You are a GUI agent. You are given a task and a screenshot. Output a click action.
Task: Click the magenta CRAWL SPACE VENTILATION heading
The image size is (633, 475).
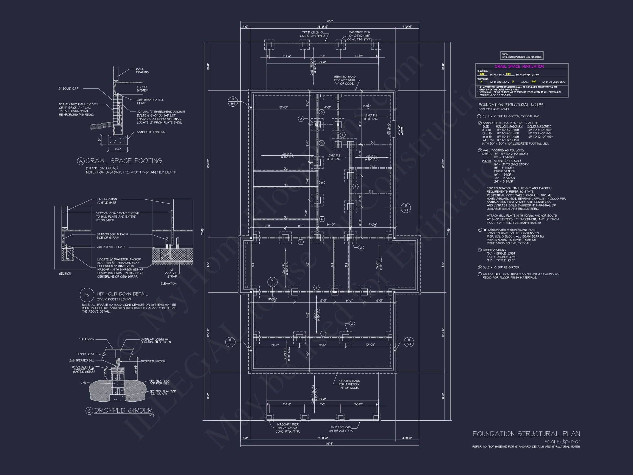click(519, 67)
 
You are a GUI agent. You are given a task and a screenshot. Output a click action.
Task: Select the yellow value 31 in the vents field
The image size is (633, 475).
click(513, 82)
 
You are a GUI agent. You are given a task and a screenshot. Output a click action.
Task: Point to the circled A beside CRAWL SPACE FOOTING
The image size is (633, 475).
click(81, 161)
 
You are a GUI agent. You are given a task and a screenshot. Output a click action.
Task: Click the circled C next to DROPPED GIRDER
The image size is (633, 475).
click(89, 411)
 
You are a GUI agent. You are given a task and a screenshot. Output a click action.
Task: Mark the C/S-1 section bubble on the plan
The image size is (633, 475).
click(273, 282)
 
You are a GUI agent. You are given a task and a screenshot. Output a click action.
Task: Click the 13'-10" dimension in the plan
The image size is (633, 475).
click(284, 107)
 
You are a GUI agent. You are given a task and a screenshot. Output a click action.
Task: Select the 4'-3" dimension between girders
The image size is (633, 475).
click(327, 107)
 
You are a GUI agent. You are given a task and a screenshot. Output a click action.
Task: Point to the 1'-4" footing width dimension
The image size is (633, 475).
click(118, 149)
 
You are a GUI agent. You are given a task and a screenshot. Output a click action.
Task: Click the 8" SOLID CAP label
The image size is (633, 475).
click(68, 89)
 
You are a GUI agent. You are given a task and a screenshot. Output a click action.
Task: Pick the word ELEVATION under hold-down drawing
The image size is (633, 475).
click(168, 283)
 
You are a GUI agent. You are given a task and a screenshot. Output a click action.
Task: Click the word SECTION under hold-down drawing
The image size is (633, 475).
click(65, 274)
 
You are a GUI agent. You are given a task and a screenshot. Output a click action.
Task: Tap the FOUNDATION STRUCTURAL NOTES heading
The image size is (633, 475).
click(511, 105)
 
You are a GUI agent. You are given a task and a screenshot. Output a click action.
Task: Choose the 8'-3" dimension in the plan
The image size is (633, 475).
click(323, 301)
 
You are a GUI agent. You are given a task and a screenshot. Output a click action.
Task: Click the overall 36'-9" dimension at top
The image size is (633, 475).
click(330, 21)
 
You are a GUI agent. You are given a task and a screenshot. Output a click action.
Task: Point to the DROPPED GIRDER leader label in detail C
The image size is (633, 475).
click(153, 361)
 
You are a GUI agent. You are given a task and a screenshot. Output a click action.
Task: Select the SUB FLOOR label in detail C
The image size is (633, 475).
click(87, 339)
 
